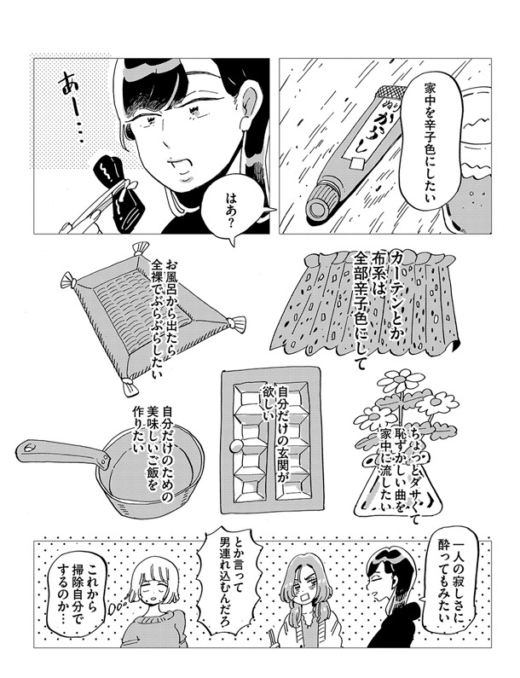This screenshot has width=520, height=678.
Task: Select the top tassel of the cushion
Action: [x=141, y=248]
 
